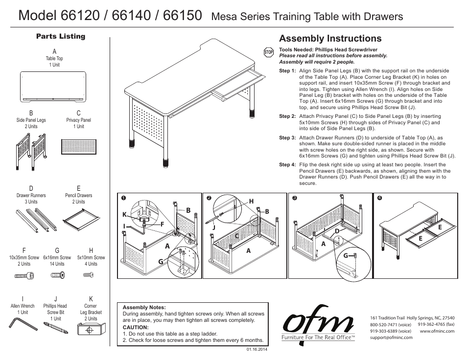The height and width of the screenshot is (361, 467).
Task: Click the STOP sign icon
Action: click(268, 52)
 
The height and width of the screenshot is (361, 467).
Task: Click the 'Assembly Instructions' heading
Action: click(330, 39)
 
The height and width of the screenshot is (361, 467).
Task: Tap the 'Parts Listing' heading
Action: click(61, 36)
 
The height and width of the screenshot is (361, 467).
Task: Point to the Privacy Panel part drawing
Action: click(79, 146)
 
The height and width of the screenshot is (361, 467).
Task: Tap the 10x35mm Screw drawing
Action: click(23, 276)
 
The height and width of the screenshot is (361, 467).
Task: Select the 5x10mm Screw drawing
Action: click(89, 275)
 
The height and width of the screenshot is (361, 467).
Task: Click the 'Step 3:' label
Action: click(287, 138)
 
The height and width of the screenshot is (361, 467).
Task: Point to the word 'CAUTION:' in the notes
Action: click(135, 327)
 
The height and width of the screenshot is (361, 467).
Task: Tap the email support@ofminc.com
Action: click(391, 337)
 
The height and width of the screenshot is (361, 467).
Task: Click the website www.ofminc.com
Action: click(437, 331)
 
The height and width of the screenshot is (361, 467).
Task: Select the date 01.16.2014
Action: click(255, 349)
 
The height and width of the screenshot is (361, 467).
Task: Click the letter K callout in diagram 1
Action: click(124, 215)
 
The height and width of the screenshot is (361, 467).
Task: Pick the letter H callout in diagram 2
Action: click(252, 202)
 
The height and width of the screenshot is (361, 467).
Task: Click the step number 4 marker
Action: click(379, 198)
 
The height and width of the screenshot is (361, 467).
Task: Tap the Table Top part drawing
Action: click(53, 86)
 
